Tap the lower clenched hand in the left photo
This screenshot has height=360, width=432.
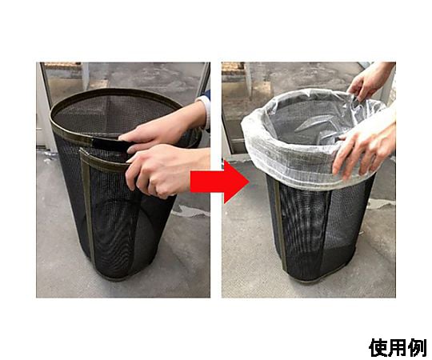click(166, 170)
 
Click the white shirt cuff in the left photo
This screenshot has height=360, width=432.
click(204, 110)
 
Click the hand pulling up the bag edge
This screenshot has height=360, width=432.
click(368, 82)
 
